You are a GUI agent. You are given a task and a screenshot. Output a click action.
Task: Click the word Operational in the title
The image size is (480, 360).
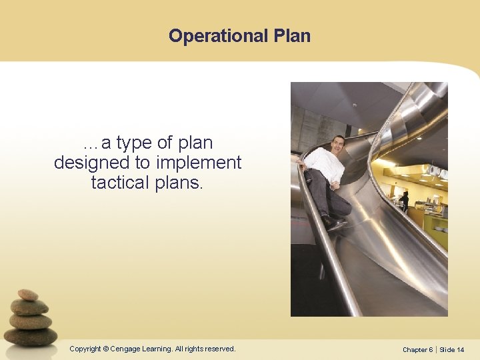tap(218, 36)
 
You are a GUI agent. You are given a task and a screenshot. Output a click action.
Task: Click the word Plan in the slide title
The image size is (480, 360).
tap(292, 36)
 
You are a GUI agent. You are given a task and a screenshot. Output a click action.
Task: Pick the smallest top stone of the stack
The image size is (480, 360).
tap(28, 295)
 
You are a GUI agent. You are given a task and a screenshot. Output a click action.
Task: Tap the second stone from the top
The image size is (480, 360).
tap(29, 307)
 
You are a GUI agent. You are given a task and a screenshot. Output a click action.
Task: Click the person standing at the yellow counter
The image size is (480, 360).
tap(405, 201)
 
